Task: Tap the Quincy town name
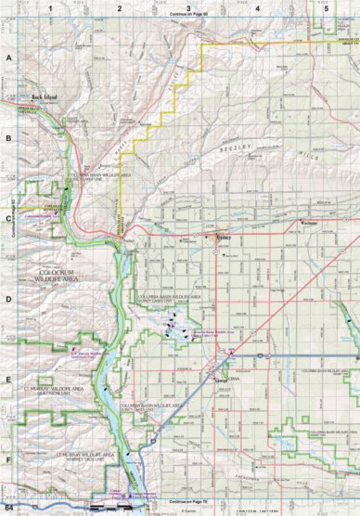tap(221, 237)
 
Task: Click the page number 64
tap(8, 509)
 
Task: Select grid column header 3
tap(188, 7)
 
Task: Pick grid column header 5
tap(326, 7)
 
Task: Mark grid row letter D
tap(8, 299)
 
